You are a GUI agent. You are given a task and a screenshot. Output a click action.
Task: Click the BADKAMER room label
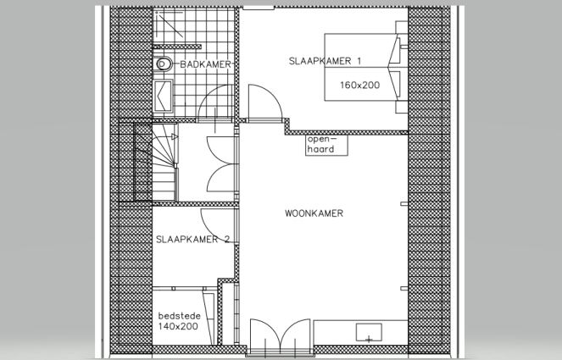click(x=206, y=64)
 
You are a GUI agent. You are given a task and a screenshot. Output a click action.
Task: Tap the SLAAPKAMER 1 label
click(x=325, y=61)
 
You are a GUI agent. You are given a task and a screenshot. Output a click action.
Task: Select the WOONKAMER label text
click(x=314, y=213)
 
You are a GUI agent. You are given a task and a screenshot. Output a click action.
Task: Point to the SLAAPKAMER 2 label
click(x=192, y=239)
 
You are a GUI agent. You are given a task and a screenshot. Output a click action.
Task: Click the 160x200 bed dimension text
click(x=360, y=86)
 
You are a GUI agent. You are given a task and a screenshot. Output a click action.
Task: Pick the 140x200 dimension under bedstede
click(x=178, y=326)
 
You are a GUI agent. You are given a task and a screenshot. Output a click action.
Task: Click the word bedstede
click(x=180, y=316)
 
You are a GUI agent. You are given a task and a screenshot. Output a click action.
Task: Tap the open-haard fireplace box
click(x=326, y=145)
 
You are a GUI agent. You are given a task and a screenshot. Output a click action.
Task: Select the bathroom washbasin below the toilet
click(x=164, y=97)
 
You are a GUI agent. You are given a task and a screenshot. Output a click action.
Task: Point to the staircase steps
click(x=156, y=162)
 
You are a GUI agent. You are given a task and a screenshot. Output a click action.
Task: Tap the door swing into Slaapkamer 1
click(x=265, y=102)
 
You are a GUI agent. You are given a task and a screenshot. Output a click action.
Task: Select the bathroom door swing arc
click(x=216, y=102)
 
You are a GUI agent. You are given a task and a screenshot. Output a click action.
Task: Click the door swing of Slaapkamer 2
click(x=218, y=225)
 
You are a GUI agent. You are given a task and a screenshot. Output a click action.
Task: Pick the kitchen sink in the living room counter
click(x=369, y=332)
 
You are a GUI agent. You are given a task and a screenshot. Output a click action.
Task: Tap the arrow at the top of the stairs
click(x=175, y=136)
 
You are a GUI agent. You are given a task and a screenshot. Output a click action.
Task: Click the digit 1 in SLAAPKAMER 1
click(x=359, y=61)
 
